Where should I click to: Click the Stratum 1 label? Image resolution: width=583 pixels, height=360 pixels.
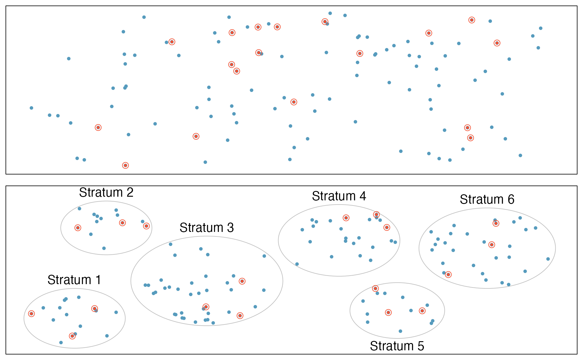click(x=74, y=280)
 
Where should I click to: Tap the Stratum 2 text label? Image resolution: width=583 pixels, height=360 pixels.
click(x=106, y=192)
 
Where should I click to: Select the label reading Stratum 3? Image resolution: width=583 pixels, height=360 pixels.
click(x=206, y=228)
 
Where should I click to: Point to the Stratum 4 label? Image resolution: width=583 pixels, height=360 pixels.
click(x=339, y=196)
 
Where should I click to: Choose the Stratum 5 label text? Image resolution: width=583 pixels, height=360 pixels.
click(x=397, y=346)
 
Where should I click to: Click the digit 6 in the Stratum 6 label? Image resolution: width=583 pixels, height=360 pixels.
click(x=511, y=199)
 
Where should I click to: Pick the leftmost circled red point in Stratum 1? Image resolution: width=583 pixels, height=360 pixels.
click(x=31, y=314)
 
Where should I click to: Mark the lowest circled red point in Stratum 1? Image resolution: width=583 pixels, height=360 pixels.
click(x=72, y=336)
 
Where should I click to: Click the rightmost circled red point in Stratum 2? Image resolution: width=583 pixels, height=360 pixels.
click(x=146, y=226)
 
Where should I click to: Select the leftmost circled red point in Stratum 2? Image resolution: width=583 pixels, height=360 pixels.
click(x=78, y=228)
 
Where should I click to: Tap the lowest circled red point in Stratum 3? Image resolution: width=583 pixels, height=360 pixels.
click(x=240, y=316)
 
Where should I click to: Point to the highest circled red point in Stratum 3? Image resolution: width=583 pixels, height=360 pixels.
click(x=242, y=281)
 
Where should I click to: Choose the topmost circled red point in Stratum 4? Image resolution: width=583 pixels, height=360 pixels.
click(x=376, y=215)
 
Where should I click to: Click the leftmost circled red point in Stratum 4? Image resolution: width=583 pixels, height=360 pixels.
click(x=346, y=218)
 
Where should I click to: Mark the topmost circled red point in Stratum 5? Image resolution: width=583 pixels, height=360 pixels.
click(x=375, y=288)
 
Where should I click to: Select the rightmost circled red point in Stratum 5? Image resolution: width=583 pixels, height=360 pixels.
click(x=422, y=311)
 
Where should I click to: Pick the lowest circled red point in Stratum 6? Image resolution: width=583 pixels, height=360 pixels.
click(x=448, y=275)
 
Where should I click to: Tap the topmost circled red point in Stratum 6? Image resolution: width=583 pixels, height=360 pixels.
click(x=496, y=223)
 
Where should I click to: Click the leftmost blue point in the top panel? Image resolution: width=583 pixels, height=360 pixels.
click(x=31, y=108)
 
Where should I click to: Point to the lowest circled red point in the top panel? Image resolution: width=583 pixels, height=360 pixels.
click(x=125, y=165)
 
